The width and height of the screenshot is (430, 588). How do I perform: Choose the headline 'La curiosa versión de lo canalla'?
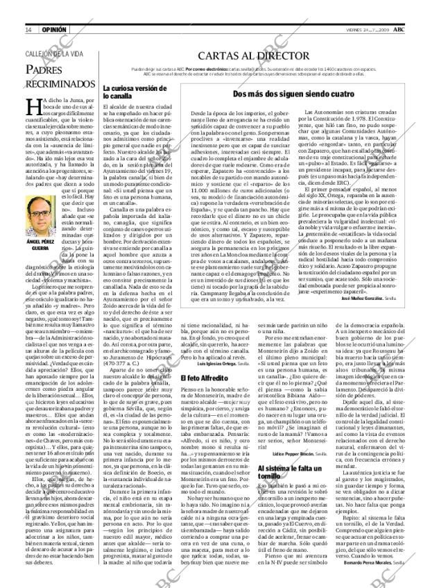[x=136, y=94]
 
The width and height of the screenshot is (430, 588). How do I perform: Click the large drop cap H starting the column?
[x=31, y=105]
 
